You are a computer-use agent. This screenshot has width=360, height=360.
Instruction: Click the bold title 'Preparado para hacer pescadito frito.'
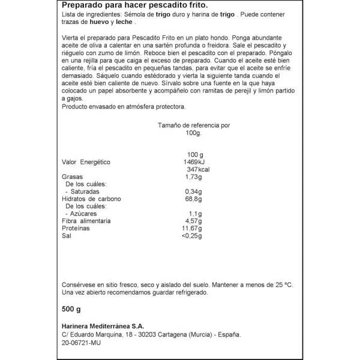click(139, 6)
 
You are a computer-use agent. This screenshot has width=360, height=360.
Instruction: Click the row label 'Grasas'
click(73, 177)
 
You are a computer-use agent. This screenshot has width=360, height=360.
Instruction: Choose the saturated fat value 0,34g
click(193, 191)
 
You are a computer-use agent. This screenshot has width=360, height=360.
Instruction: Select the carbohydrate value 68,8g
click(193, 199)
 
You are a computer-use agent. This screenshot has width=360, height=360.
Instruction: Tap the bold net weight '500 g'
click(71, 309)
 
